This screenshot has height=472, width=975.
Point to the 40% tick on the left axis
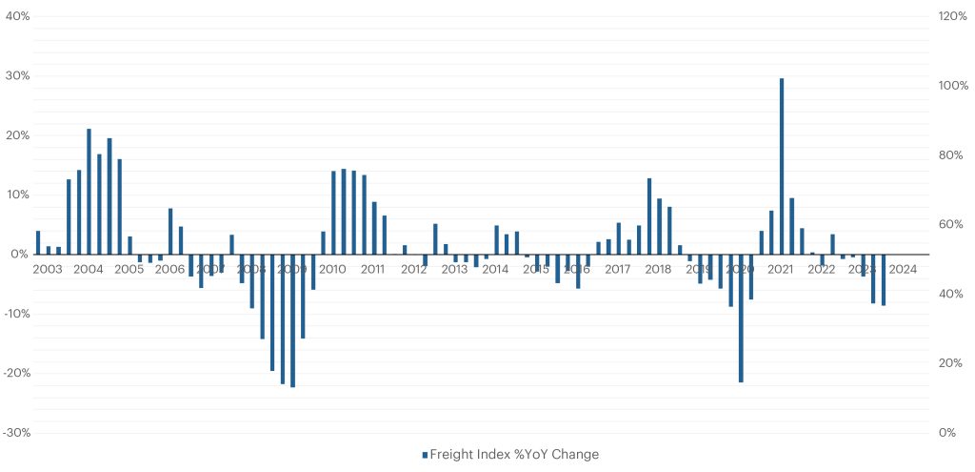(18, 17)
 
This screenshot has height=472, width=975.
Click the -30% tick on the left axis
(16, 432)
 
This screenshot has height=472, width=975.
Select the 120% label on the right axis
(954, 17)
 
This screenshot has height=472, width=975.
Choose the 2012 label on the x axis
(413, 269)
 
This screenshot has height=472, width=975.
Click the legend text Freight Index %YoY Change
(514, 454)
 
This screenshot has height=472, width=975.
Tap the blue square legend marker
(425, 455)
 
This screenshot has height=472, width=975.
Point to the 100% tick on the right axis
(954, 86)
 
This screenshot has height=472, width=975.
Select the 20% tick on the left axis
(18, 135)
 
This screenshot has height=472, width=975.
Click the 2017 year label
(617, 269)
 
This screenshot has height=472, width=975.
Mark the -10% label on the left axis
(16, 314)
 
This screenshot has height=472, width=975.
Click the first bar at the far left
(38, 242)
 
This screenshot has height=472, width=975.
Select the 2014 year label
(495, 269)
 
